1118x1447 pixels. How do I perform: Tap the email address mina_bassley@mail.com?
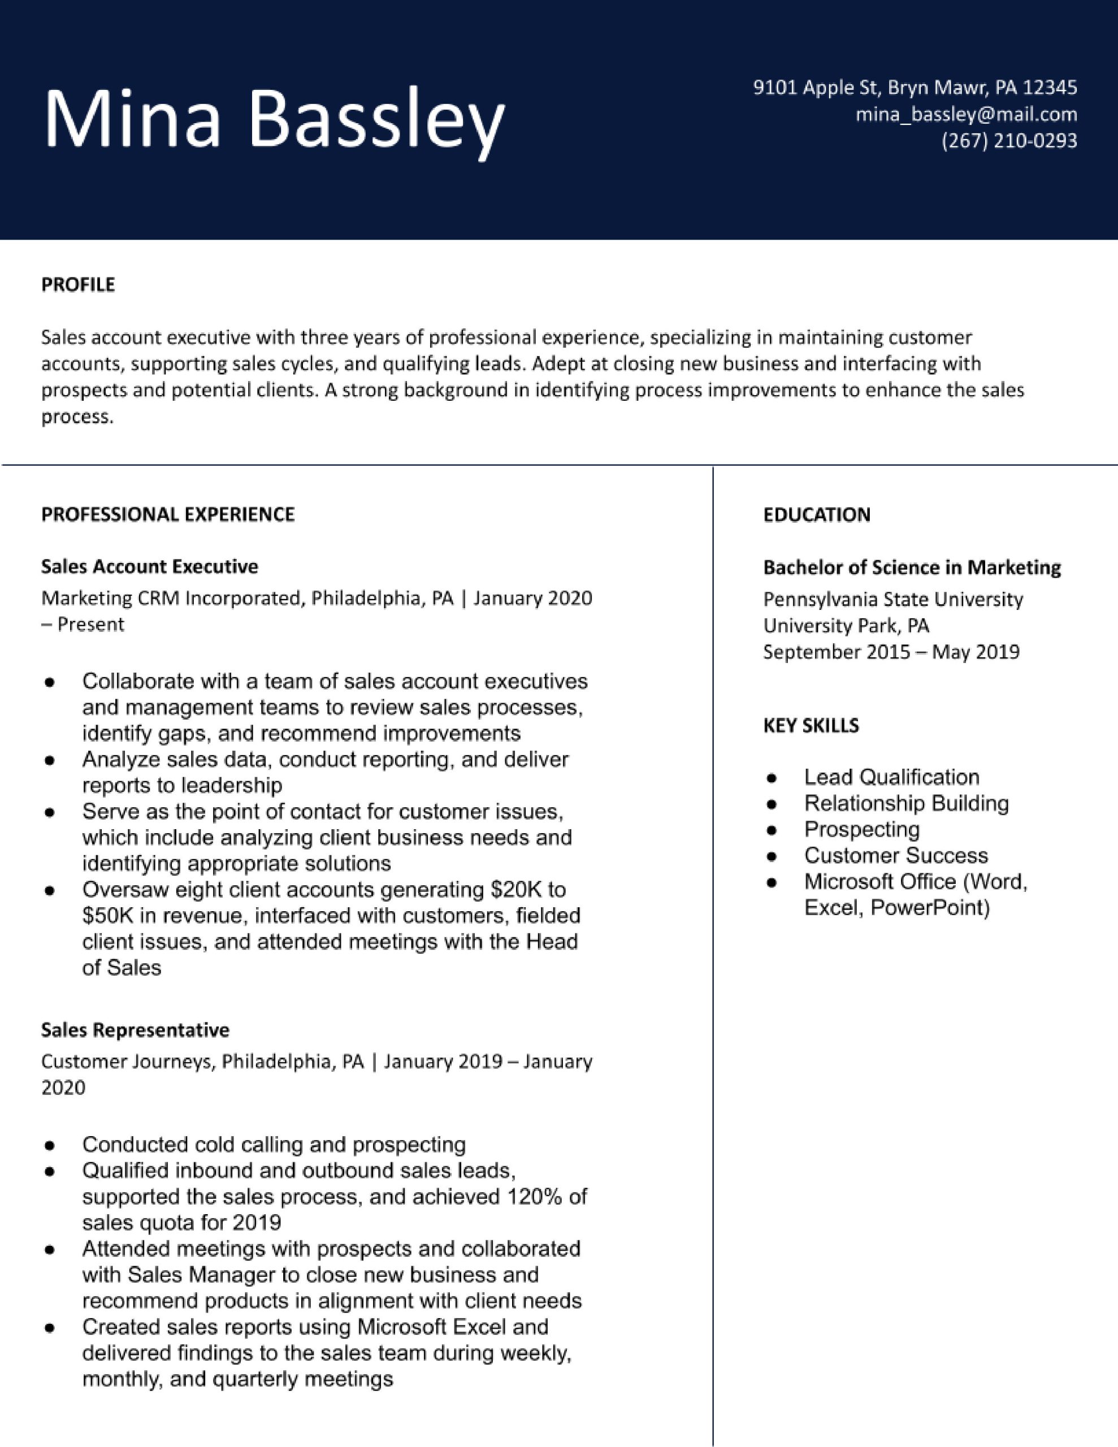pos(965,115)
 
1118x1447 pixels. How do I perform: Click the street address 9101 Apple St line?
pos(915,88)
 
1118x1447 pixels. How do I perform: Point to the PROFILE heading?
pos(78,285)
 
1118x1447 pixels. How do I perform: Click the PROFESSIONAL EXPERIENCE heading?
pos(168,515)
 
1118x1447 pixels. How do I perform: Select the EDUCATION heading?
pos(817,515)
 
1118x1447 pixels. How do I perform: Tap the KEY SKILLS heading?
pos(811,726)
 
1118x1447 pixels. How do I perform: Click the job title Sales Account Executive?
pos(150,566)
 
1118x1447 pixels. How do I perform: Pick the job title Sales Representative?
pos(135,1030)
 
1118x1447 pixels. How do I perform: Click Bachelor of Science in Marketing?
pos(911,568)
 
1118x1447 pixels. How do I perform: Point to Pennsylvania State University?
pos(892,600)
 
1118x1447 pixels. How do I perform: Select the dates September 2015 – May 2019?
pos(891,652)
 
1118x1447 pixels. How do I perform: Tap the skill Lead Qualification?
pos(891,777)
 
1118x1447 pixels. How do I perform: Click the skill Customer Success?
pos(895,855)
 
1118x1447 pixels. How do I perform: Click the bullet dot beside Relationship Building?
pos(771,804)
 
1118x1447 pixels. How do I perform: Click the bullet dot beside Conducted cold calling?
pos(49,1145)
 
